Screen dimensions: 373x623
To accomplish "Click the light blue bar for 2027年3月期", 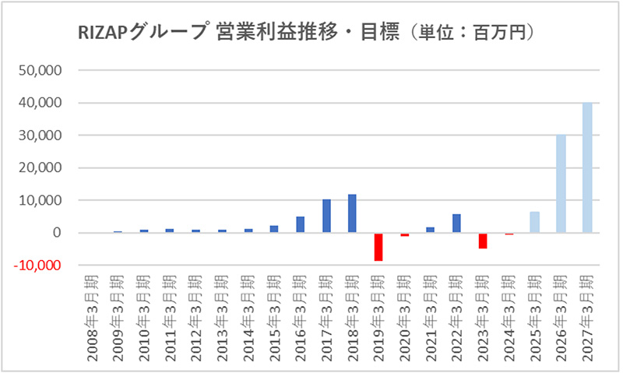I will (587, 167).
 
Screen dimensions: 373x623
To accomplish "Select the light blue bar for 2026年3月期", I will (561, 184).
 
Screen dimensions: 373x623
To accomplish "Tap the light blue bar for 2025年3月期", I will (534, 222).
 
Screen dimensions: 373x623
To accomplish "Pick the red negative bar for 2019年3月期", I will (378, 247).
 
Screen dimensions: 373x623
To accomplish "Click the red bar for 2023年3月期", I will (483, 241).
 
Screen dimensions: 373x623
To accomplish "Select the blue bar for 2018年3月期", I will (352, 213).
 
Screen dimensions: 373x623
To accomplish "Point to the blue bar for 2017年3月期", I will (326, 216).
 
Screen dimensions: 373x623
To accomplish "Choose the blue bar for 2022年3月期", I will (456, 223).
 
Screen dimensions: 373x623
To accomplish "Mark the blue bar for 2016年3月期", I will (300, 224).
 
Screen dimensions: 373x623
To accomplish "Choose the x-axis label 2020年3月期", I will (404, 312).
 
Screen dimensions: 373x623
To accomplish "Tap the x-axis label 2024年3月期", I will (509, 312).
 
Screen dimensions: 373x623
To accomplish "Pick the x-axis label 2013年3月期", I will (222, 312).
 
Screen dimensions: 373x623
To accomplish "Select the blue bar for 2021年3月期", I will (431, 230).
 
